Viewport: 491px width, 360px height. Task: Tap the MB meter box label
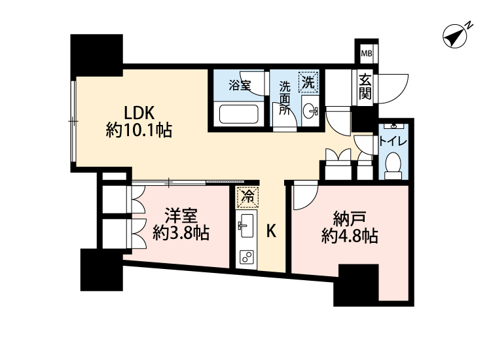coord(367,53)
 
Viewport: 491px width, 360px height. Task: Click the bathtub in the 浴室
coord(238,114)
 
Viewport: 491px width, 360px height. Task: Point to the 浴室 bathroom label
coord(240,85)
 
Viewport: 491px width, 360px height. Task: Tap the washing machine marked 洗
coord(308,82)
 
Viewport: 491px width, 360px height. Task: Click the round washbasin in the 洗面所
coord(310,111)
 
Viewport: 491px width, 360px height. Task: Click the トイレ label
coord(393,141)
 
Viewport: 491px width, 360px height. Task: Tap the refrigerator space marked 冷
coord(247,197)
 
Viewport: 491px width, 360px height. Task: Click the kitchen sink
coord(245,226)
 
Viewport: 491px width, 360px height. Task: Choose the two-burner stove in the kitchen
coord(247,257)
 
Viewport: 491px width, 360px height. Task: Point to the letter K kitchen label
coord(271,231)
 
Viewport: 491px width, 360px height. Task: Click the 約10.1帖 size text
coord(139,130)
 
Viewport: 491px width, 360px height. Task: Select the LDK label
coord(139,113)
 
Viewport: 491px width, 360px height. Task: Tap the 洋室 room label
coord(181,216)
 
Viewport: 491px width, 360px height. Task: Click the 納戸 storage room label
coord(350,219)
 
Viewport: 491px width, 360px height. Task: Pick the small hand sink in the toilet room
coord(393,126)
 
